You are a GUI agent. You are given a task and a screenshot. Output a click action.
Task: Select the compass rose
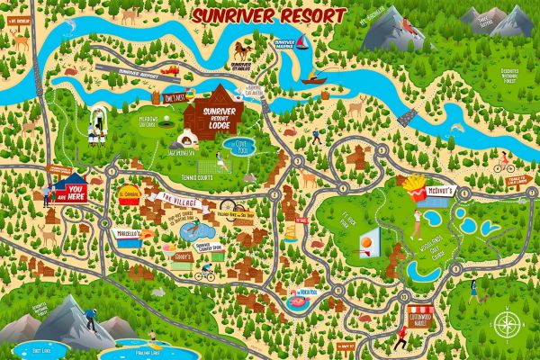click(x=506, y=322)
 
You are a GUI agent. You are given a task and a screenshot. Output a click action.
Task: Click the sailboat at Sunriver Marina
click(x=301, y=45)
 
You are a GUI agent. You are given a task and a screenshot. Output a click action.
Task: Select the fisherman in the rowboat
click(x=313, y=78)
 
